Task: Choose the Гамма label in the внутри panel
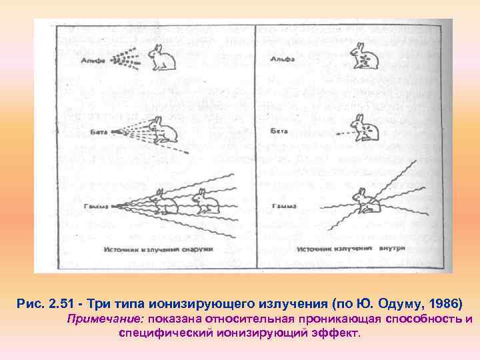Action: point(279,206)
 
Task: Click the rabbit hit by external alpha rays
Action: point(161,58)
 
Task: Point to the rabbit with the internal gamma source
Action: point(363,201)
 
